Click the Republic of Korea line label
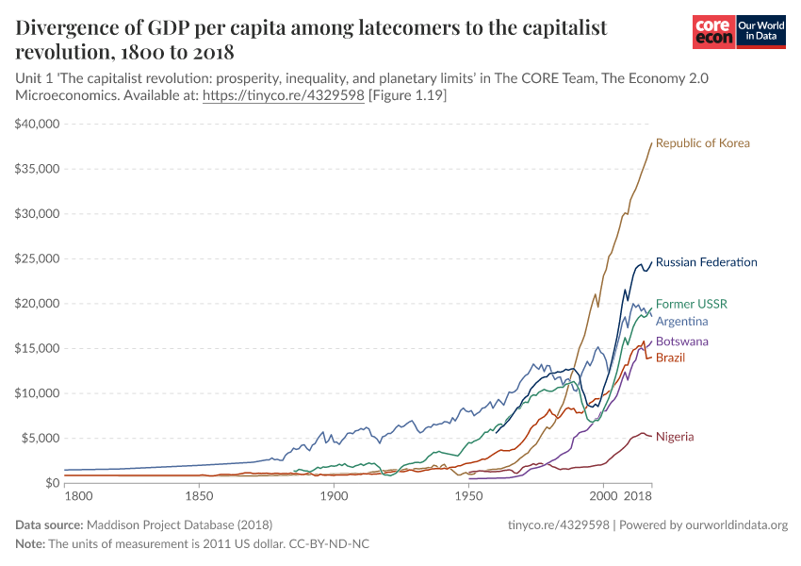702,143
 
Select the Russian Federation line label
706,262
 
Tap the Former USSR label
692,304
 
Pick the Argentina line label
681,322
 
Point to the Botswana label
682,341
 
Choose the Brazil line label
670,358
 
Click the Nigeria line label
675,437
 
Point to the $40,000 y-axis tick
38,125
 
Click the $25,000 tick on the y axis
38,258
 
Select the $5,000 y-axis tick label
41,438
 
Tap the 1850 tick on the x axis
199,495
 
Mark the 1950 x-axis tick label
468,495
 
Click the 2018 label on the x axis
638,495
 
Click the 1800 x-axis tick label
77,495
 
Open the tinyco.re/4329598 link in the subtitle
284,96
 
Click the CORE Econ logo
712,33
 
